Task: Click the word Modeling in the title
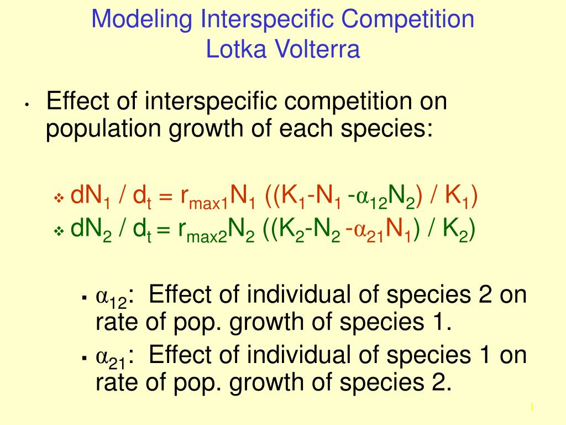(x=142, y=20)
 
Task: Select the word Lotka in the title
(x=236, y=49)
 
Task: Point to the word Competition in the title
(x=407, y=20)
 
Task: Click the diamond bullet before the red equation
(x=59, y=198)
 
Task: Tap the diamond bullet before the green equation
(x=59, y=231)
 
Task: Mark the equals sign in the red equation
(x=165, y=197)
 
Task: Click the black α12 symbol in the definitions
(x=112, y=298)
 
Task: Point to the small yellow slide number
(x=532, y=407)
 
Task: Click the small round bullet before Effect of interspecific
(x=27, y=105)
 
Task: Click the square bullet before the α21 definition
(x=85, y=359)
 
